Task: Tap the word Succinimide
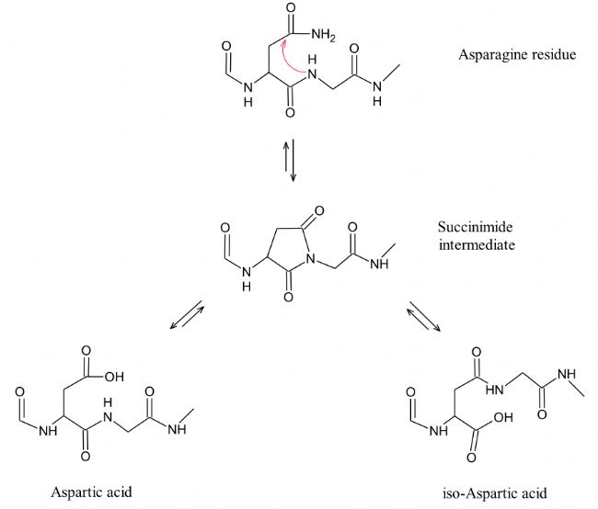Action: [475, 227]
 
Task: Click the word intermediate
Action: [477, 244]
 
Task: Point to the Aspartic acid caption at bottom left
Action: [91, 492]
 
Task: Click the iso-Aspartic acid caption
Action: [495, 493]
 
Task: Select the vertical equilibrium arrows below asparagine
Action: [290, 160]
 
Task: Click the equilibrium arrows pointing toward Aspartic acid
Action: [187, 315]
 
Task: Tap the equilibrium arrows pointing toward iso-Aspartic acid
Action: [423, 316]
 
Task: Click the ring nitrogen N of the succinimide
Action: [311, 259]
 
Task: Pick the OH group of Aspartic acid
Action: [114, 377]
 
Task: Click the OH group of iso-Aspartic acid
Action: [503, 417]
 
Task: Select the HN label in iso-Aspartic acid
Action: [495, 390]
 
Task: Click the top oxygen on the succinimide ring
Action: [319, 210]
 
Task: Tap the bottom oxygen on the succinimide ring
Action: [289, 297]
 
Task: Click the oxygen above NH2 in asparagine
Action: [291, 8]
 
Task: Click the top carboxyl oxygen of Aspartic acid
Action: [86, 350]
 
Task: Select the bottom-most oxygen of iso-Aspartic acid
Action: [472, 457]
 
